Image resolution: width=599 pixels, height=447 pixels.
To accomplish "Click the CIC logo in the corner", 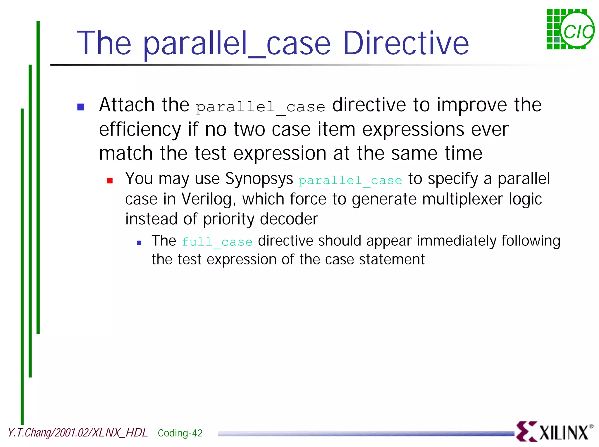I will [570, 30].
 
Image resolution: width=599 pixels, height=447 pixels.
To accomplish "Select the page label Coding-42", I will [180, 433].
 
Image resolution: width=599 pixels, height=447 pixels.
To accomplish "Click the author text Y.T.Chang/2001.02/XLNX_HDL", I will [78, 433].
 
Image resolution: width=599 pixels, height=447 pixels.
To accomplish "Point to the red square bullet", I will [110, 181].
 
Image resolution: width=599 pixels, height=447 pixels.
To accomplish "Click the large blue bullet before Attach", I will [81, 107].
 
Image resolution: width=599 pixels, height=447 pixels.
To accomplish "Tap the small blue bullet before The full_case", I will [139, 242].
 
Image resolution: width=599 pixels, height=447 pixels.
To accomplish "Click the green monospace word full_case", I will [217, 242].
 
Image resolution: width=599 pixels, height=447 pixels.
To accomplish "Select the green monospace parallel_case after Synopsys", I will [350, 180].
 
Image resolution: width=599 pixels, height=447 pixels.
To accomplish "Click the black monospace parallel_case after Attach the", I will [260, 107].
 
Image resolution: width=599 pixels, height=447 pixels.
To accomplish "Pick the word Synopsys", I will [259, 179].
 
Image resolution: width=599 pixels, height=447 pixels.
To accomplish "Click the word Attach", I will [127, 105].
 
